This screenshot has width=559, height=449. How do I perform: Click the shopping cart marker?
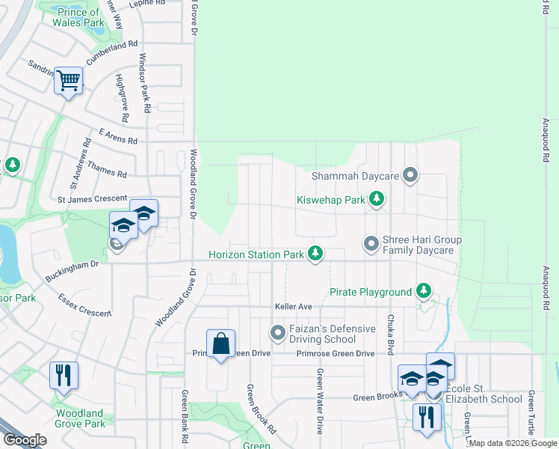tap(68, 80)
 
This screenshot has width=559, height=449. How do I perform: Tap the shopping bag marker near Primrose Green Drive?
tap(220, 345)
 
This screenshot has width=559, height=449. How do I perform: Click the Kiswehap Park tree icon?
tap(378, 200)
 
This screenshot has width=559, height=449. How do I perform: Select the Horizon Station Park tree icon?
tap(317, 254)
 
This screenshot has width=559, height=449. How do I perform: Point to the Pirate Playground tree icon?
tap(424, 291)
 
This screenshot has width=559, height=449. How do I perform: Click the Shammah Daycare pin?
tap(410, 176)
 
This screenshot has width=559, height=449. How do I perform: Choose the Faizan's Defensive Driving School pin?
tap(278, 331)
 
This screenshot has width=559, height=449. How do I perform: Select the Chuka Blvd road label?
tap(390, 329)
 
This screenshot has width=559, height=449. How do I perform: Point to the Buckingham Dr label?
tap(74, 264)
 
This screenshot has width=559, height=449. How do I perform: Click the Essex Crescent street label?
tap(84, 305)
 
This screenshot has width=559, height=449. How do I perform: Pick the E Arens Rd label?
tap(112, 140)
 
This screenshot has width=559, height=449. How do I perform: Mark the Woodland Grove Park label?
tap(79, 418)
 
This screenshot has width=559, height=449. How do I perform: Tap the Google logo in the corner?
tap(25, 440)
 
